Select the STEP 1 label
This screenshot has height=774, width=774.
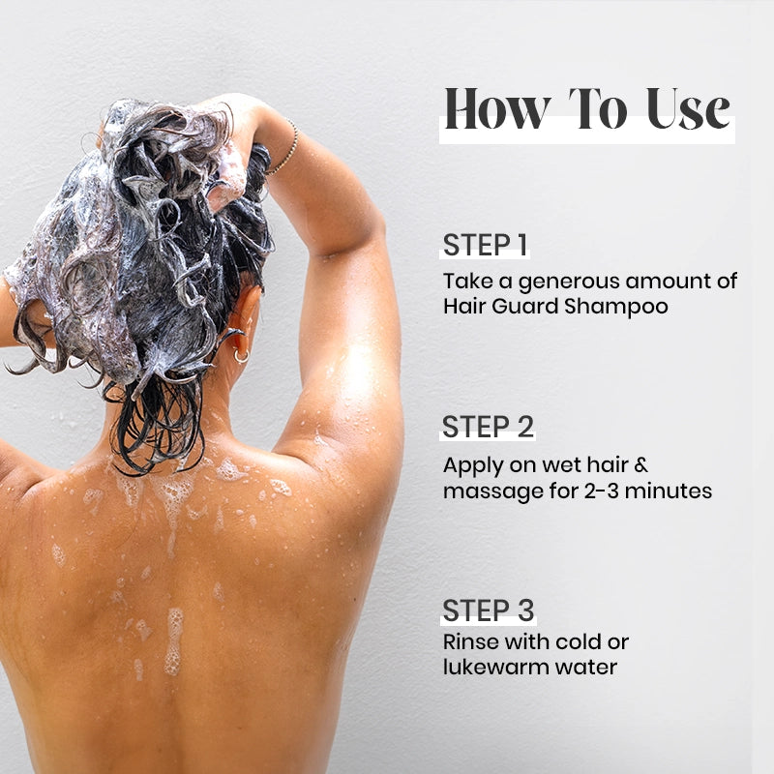pos(486,245)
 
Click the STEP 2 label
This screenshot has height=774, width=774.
pos(489,427)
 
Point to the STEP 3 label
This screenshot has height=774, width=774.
pos(489,610)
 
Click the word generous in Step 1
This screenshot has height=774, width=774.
pos(561,283)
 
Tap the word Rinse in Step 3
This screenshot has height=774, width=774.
pos(471,641)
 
